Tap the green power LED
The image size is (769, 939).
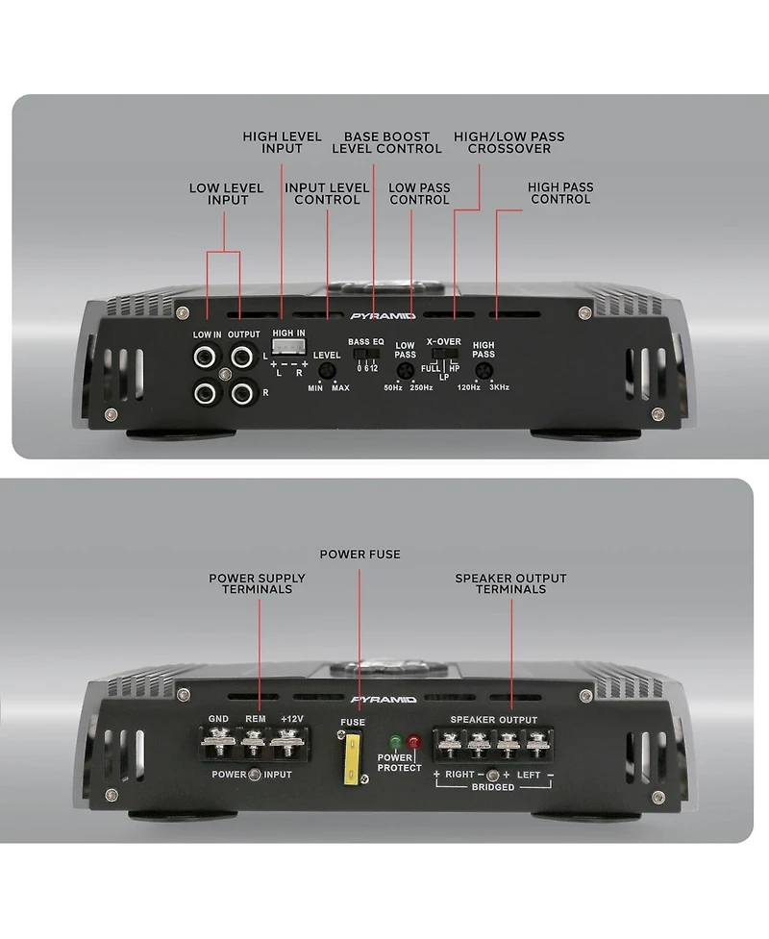394,743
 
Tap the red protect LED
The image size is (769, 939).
414,743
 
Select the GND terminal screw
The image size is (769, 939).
218,743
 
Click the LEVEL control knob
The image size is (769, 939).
327,372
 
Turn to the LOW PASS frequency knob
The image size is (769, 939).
406,370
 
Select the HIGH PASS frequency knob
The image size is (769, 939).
484,370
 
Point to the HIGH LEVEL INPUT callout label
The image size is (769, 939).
282,143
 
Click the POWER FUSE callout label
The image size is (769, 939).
360,555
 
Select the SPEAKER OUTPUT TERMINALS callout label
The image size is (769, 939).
510,583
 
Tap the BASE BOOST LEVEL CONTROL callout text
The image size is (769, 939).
386,143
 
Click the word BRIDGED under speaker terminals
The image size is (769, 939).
493,787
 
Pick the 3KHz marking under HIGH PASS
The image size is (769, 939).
498,387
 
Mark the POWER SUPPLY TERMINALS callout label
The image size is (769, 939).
257,583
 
